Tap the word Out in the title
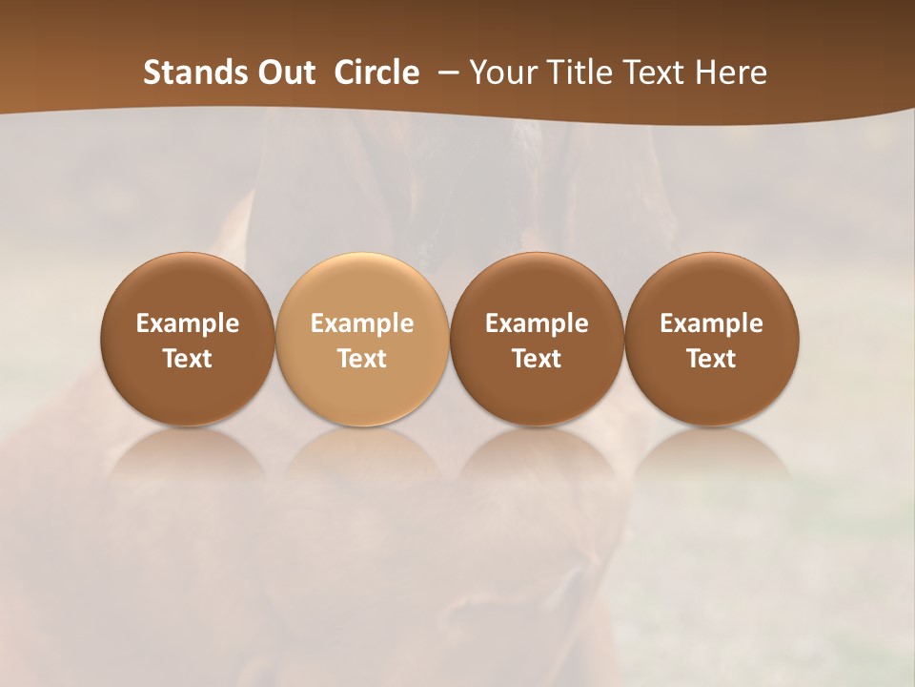pyautogui.click(x=283, y=73)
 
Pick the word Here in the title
pyautogui.click(x=730, y=73)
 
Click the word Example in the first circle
pyautogui.click(x=188, y=323)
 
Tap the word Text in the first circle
pyautogui.click(x=188, y=359)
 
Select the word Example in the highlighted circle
pyautogui.click(x=362, y=323)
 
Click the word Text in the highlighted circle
pyautogui.click(x=362, y=359)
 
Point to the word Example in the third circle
pyautogui.click(x=537, y=323)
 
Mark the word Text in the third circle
pyautogui.click(x=537, y=359)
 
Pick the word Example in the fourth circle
pyautogui.click(x=711, y=323)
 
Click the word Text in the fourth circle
pyautogui.click(x=711, y=359)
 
